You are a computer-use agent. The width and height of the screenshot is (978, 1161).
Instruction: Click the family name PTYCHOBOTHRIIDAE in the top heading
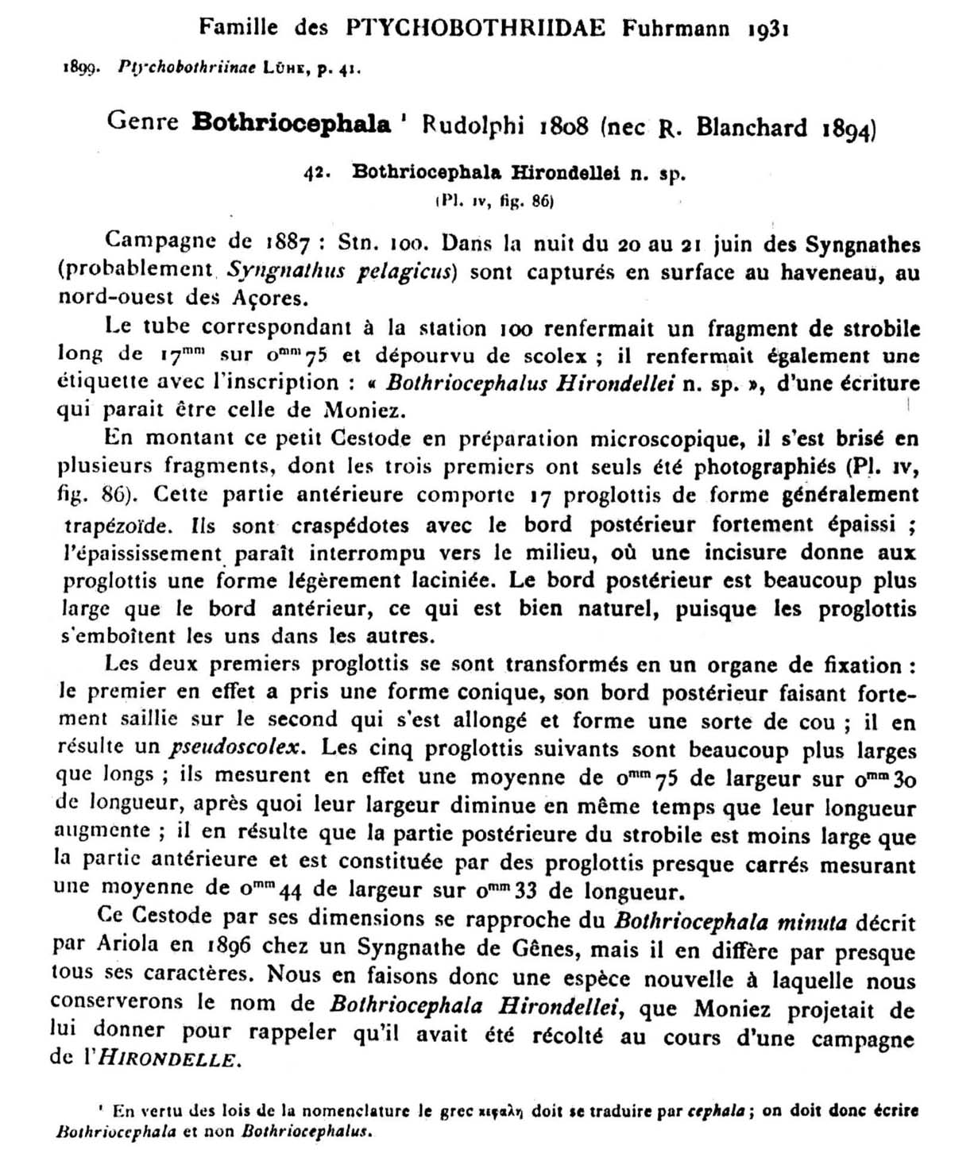pos(476,28)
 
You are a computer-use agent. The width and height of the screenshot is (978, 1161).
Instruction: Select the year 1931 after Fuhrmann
pos(767,29)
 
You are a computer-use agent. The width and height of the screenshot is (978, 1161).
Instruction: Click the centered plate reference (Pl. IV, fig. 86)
pos(493,201)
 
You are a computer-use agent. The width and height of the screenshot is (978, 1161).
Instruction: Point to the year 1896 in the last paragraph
pos(229,947)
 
